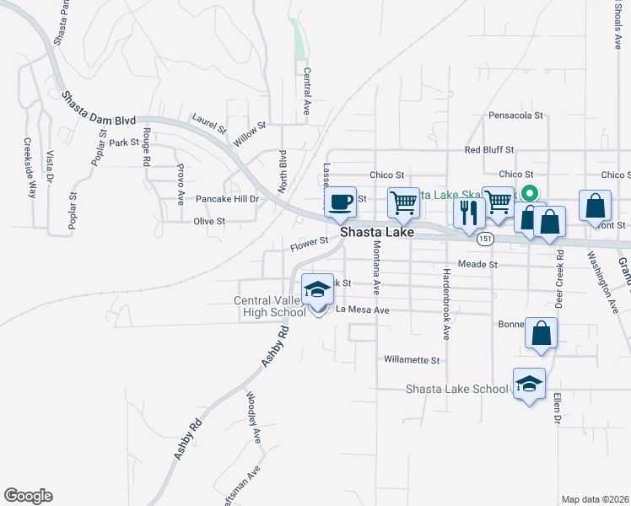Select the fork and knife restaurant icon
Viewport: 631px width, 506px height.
coord(468,212)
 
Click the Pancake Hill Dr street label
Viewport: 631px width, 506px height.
coord(226,199)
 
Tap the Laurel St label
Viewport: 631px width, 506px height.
coord(209,124)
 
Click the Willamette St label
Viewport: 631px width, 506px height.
coord(412,360)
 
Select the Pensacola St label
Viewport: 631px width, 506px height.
coord(513,115)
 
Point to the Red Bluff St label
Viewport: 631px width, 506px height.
coord(489,150)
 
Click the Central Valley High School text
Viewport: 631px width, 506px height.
coord(270,307)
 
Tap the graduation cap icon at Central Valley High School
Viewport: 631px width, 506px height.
coord(317,289)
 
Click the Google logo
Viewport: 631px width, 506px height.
coord(28,496)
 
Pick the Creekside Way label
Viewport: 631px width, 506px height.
coord(29,166)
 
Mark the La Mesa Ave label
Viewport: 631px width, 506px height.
coord(363,310)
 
